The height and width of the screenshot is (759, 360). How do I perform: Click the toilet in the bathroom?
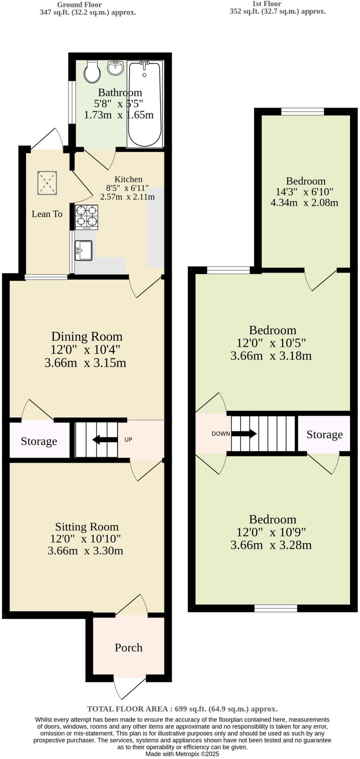click(92, 72)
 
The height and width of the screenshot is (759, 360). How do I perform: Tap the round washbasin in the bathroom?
click(115, 68)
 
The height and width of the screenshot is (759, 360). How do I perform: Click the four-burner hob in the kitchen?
click(87, 217)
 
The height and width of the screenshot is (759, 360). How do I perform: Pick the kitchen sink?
click(83, 250)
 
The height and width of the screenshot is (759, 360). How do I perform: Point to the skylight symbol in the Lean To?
click(47, 183)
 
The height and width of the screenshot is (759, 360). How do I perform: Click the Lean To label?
click(47, 214)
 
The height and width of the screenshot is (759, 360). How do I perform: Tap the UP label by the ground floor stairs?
click(128, 440)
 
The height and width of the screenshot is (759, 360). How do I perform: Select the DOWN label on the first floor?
click(221, 434)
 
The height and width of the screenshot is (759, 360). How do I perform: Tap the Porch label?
click(129, 647)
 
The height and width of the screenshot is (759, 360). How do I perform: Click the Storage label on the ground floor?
click(39, 441)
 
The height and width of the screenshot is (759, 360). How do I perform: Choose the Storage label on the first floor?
click(324, 434)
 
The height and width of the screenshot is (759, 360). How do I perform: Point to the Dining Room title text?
click(87, 337)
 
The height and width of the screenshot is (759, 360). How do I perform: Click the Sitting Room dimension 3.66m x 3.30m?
click(85, 551)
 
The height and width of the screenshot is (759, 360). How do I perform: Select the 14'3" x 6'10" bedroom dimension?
click(304, 192)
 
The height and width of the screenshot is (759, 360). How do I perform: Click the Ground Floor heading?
click(79, 5)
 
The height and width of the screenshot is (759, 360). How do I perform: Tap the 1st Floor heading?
click(267, 4)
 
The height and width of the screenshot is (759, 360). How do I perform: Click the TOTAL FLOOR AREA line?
click(182, 709)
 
